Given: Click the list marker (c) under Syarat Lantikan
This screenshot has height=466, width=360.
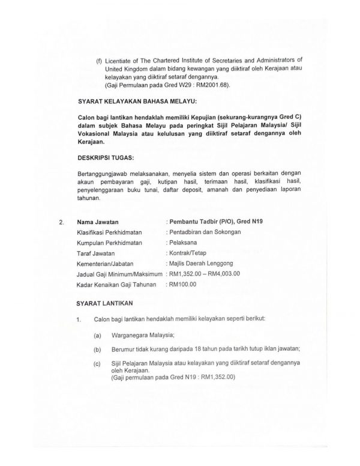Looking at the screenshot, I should click(x=97, y=364).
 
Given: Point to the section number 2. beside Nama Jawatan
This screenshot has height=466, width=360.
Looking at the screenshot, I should click(x=62, y=222).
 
